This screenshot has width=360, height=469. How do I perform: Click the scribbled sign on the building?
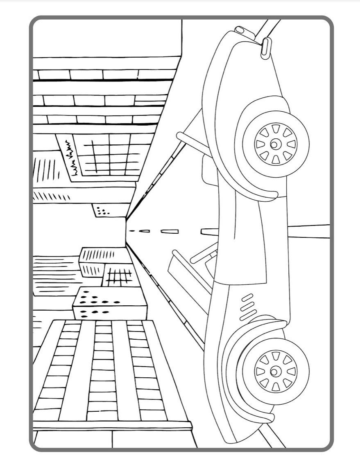(x=69, y=159)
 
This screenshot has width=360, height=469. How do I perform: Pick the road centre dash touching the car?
(x=205, y=232)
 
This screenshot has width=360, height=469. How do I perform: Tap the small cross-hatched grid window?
(x=120, y=277)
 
